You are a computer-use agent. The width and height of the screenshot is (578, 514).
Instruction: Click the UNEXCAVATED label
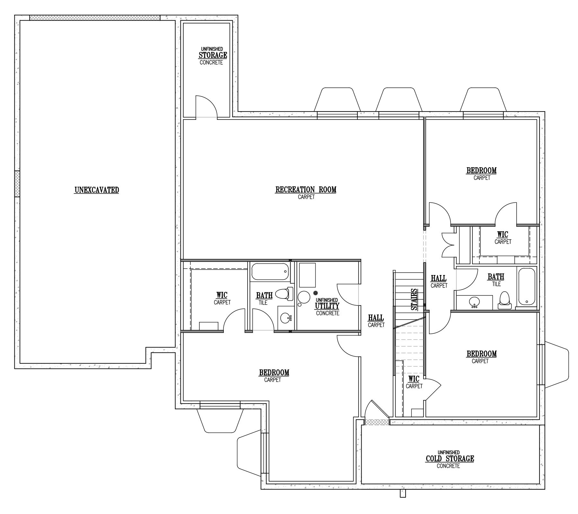click(x=97, y=190)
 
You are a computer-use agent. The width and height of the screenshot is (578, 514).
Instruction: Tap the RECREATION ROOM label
click(x=306, y=190)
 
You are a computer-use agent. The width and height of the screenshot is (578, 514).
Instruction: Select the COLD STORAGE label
click(x=450, y=458)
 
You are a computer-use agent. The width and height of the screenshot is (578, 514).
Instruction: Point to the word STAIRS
click(x=415, y=299)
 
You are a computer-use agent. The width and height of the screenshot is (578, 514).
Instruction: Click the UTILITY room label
click(x=327, y=306)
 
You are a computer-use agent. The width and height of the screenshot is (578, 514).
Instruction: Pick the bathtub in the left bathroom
click(x=270, y=272)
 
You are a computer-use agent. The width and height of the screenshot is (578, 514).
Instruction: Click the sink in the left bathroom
click(x=285, y=318)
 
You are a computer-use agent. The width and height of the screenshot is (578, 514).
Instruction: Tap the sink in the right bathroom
click(x=474, y=302)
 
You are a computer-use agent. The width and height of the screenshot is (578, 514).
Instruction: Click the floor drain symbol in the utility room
click(x=315, y=293)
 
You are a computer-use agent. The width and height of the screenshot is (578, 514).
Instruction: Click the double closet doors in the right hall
click(x=448, y=245)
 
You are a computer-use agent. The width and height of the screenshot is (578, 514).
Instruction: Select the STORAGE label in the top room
click(x=213, y=55)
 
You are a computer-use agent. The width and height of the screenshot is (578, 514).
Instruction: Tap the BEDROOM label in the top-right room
click(x=481, y=170)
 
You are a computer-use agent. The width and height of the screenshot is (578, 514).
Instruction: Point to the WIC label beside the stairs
click(x=414, y=379)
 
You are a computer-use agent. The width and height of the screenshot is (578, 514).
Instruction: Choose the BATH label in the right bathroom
click(x=496, y=277)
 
